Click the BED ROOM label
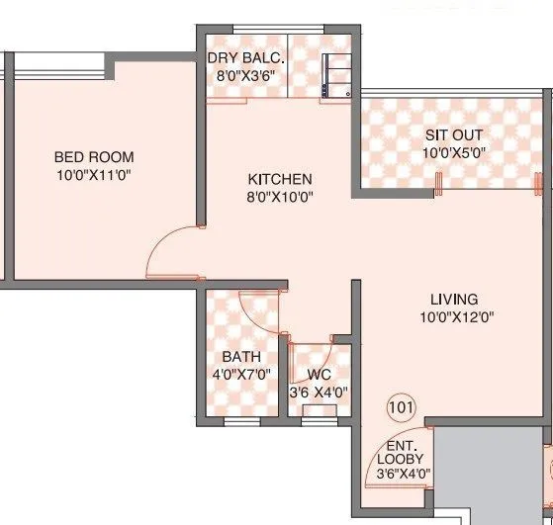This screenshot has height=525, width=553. (94, 157)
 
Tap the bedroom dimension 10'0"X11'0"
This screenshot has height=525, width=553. (94, 175)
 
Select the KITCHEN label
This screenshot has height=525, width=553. (280, 179)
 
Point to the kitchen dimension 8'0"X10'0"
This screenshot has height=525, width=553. (280, 197)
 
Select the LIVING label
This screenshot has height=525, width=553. (454, 299)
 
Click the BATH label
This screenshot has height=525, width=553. (241, 356)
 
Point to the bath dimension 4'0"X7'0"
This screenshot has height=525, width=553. (241, 374)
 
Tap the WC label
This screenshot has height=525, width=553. (319, 375)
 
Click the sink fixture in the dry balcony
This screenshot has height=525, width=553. (336, 75)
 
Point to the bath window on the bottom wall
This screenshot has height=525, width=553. (241, 422)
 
